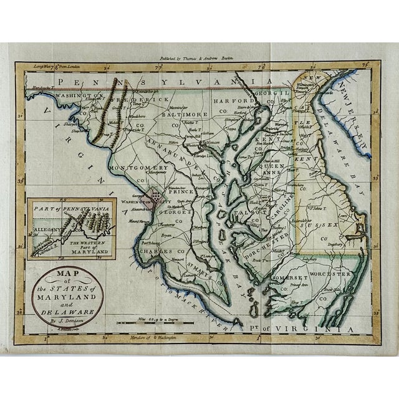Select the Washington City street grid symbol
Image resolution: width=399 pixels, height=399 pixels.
click(x=154, y=197)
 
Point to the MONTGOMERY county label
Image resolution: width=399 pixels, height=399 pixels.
click(x=138, y=168)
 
